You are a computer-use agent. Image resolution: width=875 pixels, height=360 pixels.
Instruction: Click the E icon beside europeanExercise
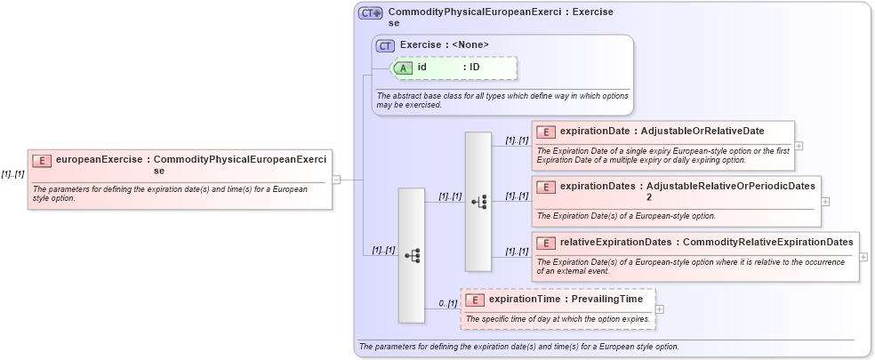click(41, 160)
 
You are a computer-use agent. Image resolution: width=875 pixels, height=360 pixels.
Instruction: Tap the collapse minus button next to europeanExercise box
click(336, 180)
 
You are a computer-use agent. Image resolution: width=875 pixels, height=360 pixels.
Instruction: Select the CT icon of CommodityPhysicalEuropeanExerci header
click(370, 13)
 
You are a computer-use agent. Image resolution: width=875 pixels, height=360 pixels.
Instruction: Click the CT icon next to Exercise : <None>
click(386, 45)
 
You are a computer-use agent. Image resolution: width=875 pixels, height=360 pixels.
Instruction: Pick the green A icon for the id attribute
click(403, 68)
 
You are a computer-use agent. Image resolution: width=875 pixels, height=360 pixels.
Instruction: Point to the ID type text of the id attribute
click(475, 68)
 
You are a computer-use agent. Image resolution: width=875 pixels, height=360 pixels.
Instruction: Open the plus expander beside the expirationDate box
click(799, 146)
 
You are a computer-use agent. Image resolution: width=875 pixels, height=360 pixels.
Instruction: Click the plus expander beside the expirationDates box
click(825, 201)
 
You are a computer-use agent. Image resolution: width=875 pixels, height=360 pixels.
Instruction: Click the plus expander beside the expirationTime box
click(659, 309)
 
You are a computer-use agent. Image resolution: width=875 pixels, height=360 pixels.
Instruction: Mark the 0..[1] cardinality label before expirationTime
click(447, 304)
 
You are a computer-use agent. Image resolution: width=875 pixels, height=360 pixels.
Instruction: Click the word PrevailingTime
click(607, 300)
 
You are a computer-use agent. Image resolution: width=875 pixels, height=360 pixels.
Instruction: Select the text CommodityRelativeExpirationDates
click(768, 242)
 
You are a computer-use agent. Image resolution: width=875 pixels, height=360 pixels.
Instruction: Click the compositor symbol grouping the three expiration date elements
click(478, 202)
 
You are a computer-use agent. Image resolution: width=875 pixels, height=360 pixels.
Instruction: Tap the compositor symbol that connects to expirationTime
click(412, 255)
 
